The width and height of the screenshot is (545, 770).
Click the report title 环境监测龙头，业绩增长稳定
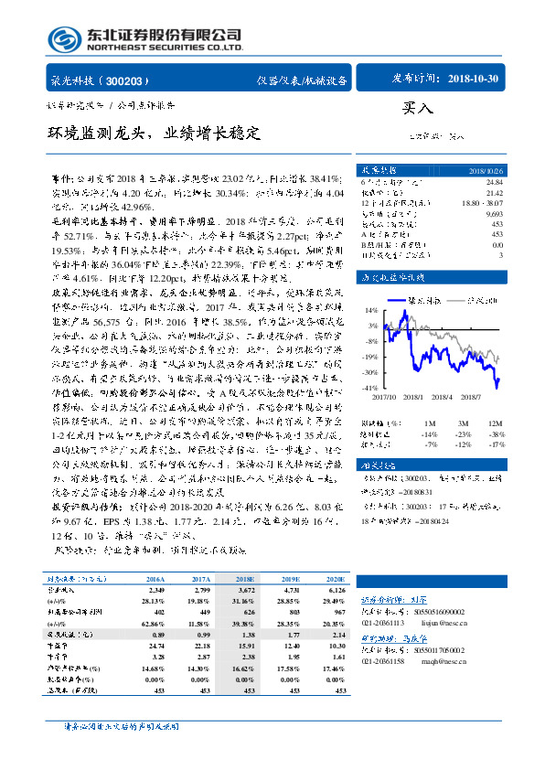[x=155, y=134]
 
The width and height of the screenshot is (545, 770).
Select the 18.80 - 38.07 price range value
[x=483, y=203]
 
